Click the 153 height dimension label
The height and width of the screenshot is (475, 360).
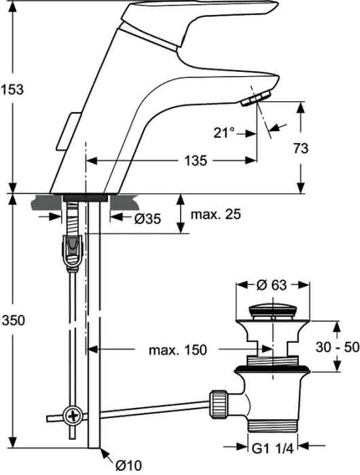pos(12,90)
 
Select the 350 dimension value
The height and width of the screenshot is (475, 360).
pos(14,320)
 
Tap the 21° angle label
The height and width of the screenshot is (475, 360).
pos(224,133)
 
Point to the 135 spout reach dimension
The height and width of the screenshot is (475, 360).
pos(196,160)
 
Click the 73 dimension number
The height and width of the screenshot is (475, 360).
pos(300,148)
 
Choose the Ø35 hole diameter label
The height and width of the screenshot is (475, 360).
pos(147,218)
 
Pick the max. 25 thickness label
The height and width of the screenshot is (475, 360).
pos(215,214)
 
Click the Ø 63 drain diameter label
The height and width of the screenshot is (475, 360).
pos(272,285)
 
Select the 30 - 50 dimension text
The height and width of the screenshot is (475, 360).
pos(338,347)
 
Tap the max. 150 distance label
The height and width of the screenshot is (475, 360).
pos(178,350)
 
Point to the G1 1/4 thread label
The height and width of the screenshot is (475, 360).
pos(272,449)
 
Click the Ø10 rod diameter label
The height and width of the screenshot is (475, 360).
pos(128,464)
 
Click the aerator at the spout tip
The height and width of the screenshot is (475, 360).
pos(256,98)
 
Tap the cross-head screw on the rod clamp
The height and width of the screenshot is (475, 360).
pos(73,415)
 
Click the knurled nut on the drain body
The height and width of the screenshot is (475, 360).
pos(218,404)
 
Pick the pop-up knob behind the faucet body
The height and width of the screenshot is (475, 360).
pos(68,131)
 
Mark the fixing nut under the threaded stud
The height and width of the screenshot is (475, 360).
pos(73,250)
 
